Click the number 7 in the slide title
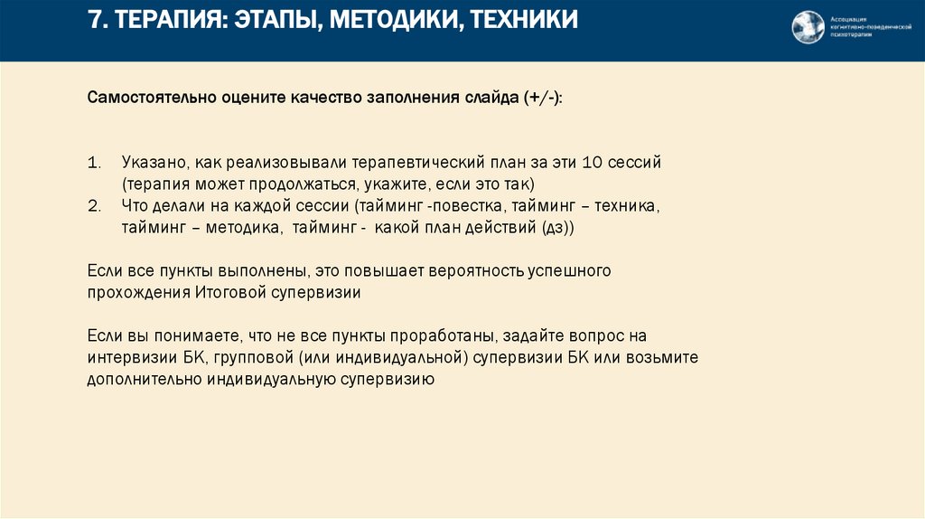pyautogui.click(x=93, y=20)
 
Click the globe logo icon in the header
pyautogui.click(x=808, y=27)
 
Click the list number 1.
pyautogui.click(x=93, y=163)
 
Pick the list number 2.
pyautogui.click(x=93, y=206)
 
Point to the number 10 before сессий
pyautogui.click(x=593, y=163)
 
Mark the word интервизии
pyautogui.click(x=131, y=357)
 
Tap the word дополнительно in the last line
pyautogui.click(x=144, y=380)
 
